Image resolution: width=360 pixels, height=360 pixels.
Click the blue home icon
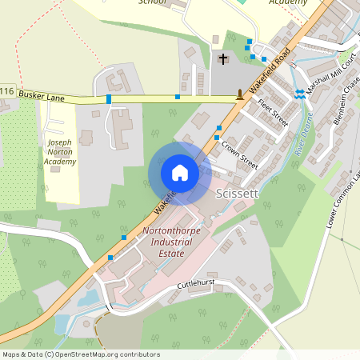[x=179, y=173]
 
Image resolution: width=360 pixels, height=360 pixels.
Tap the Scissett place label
[x=236, y=194]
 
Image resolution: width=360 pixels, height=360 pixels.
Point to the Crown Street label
[x=239, y=153]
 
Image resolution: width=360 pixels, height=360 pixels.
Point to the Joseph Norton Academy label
[x=60, y=152]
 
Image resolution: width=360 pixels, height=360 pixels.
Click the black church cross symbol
[x=223, y=59]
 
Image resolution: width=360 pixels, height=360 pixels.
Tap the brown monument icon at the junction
[x=240, y=96]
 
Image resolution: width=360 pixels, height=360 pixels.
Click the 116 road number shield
[x=6, y=92]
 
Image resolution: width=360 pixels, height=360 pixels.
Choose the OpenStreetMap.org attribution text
[x=107, y=354]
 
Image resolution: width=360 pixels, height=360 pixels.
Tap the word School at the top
[x=152, y=2]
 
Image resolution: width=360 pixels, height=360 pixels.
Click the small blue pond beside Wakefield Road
[x=87, y=298]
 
